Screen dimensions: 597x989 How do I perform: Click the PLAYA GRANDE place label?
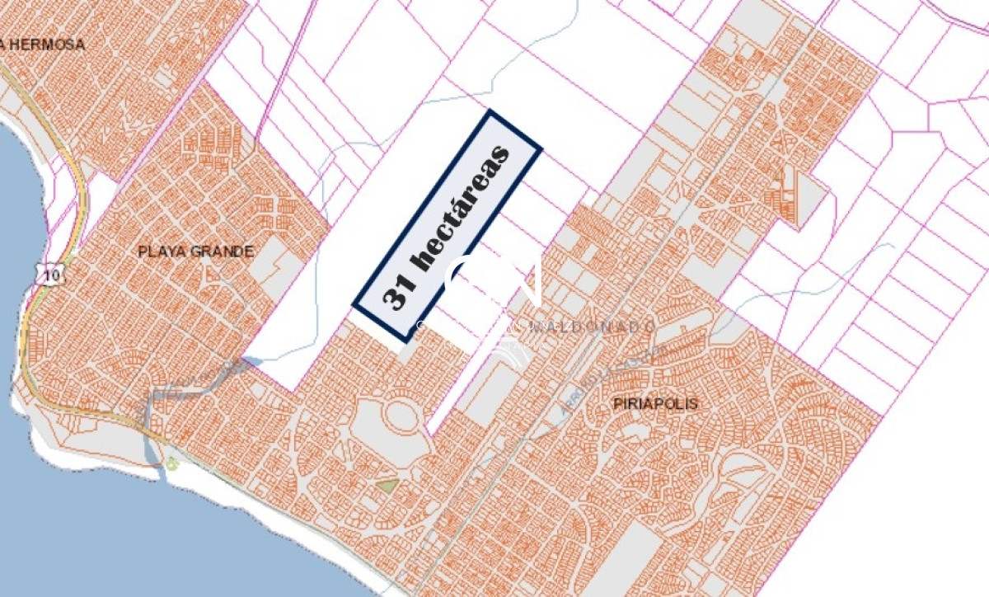click(195, 251)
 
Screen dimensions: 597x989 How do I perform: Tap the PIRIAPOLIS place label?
click(656, 403)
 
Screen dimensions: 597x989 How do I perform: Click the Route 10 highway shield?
click(52, 275)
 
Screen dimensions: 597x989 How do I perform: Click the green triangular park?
click(387, 485)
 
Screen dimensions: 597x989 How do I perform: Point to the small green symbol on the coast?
click(171, 464)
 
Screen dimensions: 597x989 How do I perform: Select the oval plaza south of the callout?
click(401, 416)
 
